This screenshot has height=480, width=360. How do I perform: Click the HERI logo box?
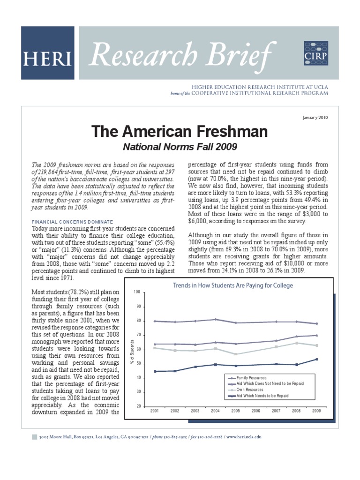tap(47, 53)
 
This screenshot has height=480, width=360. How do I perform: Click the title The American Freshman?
tap(180, 132)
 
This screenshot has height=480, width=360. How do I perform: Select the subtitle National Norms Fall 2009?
tap(180, 147)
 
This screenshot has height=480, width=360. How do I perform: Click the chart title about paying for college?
tap(233, 285)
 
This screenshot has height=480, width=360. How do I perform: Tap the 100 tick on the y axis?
tap(137, 292)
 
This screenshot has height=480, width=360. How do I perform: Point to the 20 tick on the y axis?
tap(137, 406)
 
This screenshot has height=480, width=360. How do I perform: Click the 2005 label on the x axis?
tap(236, 411)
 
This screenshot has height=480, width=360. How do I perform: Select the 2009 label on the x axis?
tap(317, 411)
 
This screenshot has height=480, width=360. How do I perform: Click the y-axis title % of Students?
tap(132, 349)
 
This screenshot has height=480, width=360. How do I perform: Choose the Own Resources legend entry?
tap(249, 390)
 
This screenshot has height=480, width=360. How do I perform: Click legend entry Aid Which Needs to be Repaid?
tap(262, 396)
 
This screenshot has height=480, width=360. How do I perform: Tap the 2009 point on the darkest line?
tap(317, 359)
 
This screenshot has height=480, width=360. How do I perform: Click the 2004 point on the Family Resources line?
tap(216, 319)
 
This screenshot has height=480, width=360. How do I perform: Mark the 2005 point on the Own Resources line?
tap(236, 354)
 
